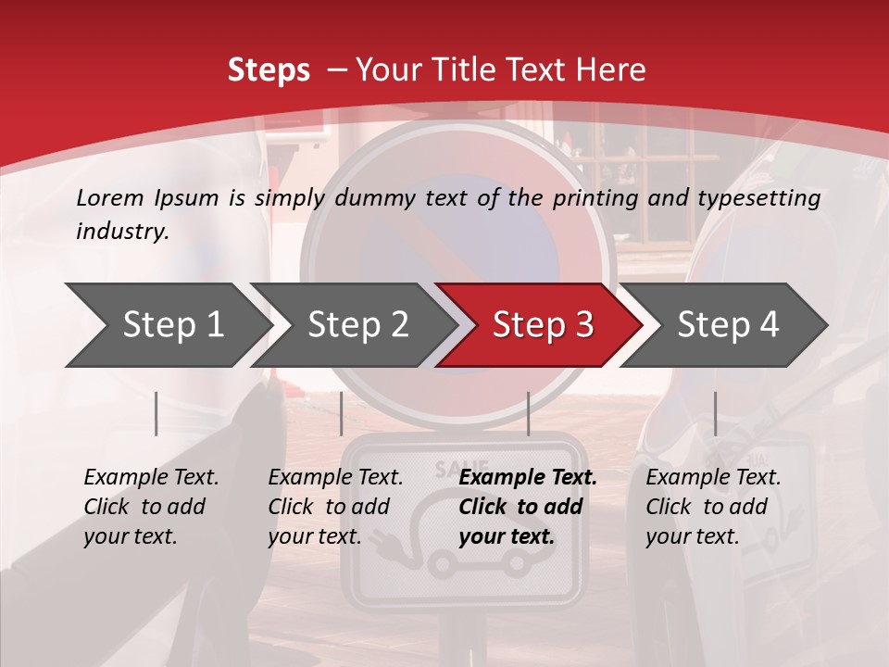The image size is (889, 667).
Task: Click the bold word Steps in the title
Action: tap(269, 70)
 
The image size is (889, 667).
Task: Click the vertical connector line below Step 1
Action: tap(156, 413)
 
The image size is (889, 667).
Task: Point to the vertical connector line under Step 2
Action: tap(342, 413)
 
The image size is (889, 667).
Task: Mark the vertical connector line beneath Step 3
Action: tap(528, 413)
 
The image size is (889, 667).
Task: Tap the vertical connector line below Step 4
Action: tap(715, 413)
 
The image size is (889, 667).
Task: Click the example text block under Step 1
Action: tap(151, 507)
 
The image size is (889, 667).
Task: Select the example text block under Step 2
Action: tap(335, 507)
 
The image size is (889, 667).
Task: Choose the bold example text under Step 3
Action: tap(528, 507)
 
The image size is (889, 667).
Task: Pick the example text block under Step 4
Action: tap(713, 507)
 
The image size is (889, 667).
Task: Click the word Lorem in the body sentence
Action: tap(109, 198)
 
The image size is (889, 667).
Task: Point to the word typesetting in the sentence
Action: tap(764, 198)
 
